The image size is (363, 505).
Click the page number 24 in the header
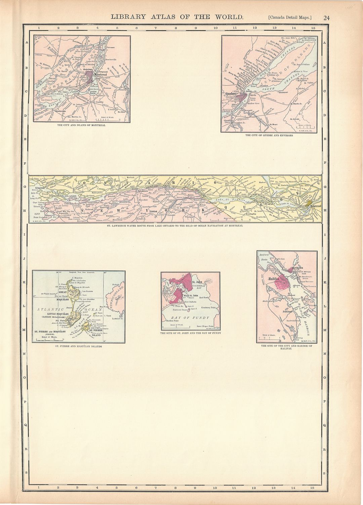tap(326, 18)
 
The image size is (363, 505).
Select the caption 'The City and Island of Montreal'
tap(81, 125)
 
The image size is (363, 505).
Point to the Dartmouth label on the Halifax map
tap(297, 268)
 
